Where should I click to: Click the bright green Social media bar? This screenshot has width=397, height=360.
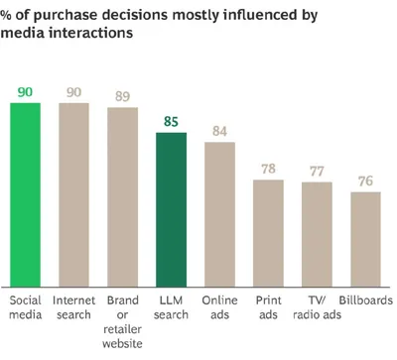[25, 194]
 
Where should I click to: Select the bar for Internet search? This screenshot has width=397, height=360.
[73, 194]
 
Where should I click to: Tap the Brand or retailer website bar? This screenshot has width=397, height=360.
[122, 197]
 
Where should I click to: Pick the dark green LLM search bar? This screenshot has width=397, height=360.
[171, 209]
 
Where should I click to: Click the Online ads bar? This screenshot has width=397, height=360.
[219, 214]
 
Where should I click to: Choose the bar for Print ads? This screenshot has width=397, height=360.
[268, 233]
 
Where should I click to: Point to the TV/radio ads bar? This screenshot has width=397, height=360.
[317, 234]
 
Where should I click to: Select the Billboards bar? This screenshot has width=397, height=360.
[365, 239]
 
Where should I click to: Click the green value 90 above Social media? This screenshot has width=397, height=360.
[25, 92]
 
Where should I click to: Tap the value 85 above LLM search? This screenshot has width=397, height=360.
[171, 122]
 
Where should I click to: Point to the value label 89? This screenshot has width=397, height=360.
[122, 96]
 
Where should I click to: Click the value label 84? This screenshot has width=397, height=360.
[219, 131]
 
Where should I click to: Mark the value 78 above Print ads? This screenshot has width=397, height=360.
[268, 169]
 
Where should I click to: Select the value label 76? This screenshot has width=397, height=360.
[365, 181]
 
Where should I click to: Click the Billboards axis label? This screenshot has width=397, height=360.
[366, 300]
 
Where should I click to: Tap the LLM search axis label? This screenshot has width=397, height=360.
[171, 307]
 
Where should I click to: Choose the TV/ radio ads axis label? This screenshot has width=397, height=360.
[317, 307]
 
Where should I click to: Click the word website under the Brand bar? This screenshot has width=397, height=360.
[122, 343]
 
